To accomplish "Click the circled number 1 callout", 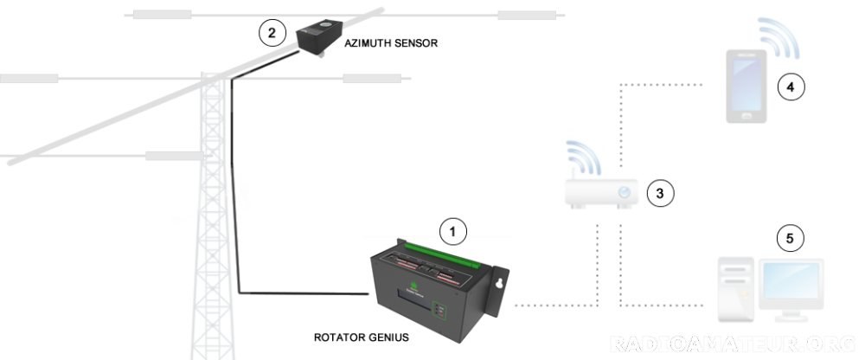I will pos(453,231).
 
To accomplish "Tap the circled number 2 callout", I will pos(272,33).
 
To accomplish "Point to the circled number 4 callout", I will pos(789,86).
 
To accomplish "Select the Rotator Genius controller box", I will pos(428,286).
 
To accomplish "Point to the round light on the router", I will pos(624,192).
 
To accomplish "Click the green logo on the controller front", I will pos(414,287).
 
